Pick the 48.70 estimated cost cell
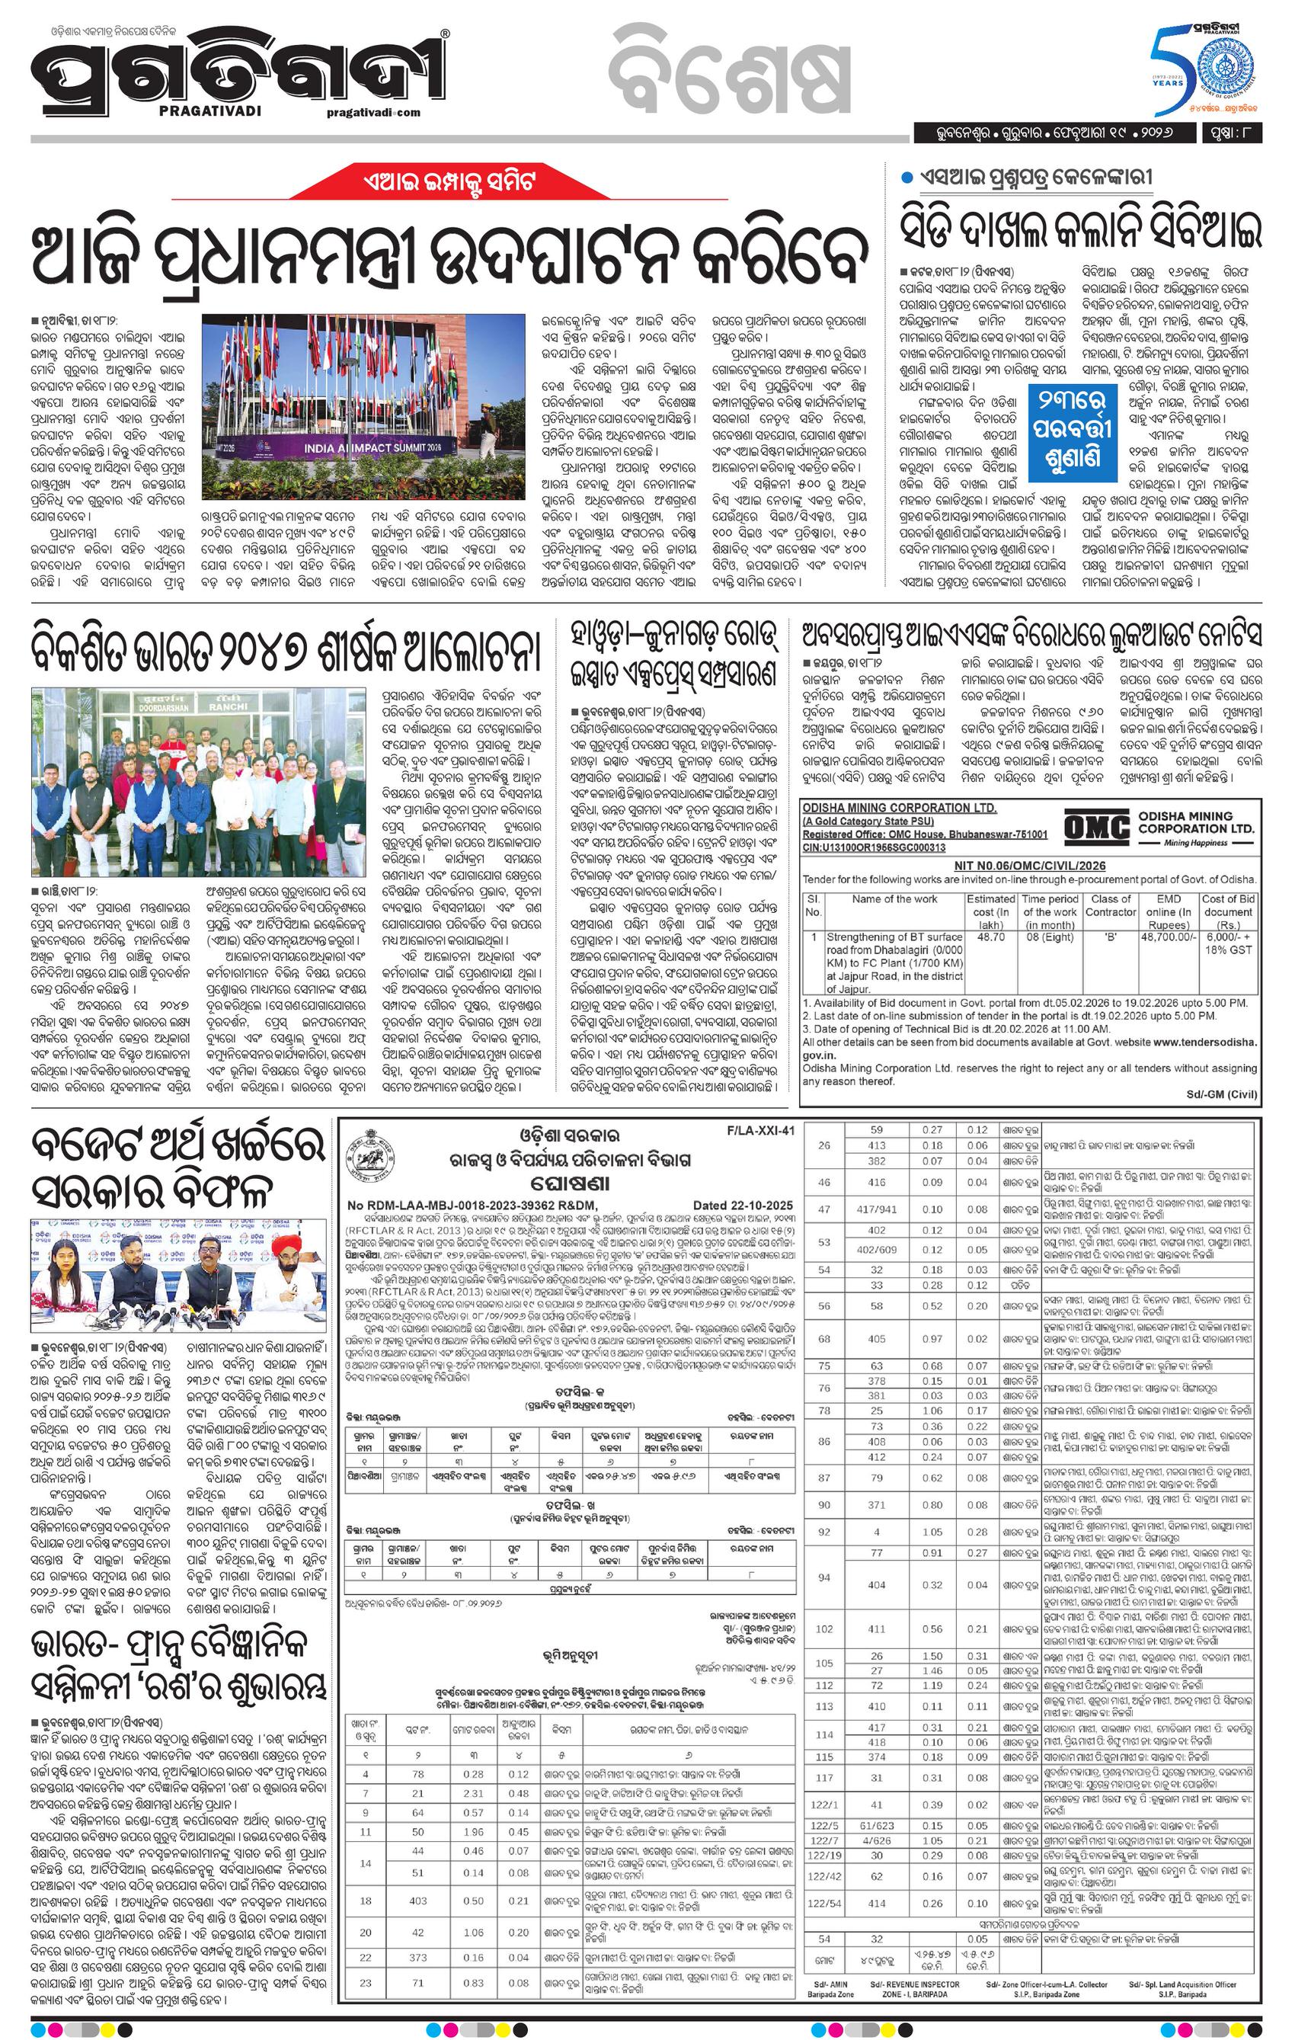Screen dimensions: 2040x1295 pos(990,937)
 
